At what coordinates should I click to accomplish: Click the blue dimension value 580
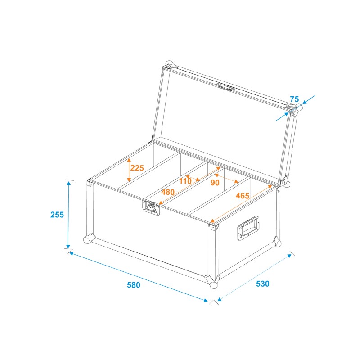(134, 285)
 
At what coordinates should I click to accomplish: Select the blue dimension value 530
(262, 284)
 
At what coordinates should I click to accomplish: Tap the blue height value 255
(57, 215)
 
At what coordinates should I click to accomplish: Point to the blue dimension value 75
(294, 99)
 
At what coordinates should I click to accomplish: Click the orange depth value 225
(137, 168)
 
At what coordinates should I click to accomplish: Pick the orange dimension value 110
(185, 181)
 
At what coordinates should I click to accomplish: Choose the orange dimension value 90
(215, 183)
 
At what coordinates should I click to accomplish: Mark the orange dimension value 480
(168, 192)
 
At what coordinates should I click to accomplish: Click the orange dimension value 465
(243, 196)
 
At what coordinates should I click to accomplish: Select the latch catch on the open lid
(226, 86)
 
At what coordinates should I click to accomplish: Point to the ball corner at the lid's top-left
(169, 64)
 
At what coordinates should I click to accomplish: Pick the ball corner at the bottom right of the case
(277, 243)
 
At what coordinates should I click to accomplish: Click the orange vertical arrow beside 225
(128, 169)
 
